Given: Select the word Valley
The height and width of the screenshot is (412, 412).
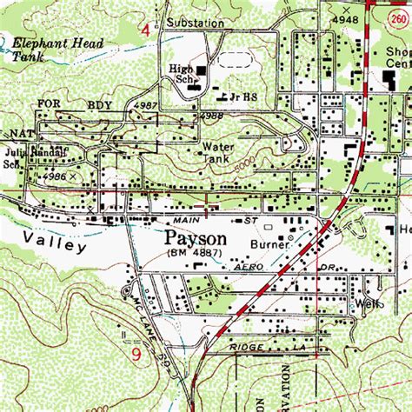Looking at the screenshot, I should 56,244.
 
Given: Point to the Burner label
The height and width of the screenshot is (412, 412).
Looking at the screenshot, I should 269,247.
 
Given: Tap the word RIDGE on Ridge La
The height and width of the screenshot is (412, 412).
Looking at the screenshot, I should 246,346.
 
